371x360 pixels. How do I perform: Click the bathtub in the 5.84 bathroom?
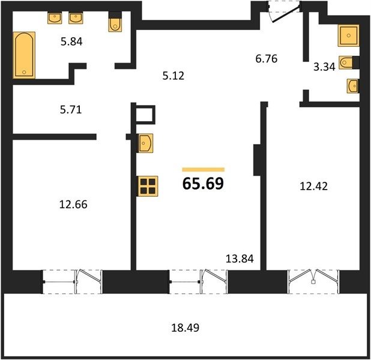tap(25, 55)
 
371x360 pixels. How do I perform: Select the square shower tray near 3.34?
tap(349, 35)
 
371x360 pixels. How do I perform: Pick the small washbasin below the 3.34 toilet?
tap(353, 86)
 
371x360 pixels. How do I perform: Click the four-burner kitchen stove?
tap(148, 186)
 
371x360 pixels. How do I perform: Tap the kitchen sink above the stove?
tap(145, 143)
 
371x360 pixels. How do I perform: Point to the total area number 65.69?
tap(203, 184)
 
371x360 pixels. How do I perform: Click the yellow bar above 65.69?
tap(204, 169)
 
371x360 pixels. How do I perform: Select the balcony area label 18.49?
tap(185, 328)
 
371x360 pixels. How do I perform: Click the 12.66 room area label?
tap(73, 205)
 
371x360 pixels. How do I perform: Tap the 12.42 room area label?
tap(314, 186)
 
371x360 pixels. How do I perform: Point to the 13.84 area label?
tap(240, 259)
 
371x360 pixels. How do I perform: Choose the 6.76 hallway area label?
tap(267, 58)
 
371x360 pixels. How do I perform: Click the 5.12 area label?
tap(173, 76)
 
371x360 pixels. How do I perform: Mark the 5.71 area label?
tap(71, 110)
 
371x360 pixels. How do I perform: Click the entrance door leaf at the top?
tap(286, 14)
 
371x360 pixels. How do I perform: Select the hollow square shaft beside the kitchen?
tap(145, 115)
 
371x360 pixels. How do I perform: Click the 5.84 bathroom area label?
tap(71, 41)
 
